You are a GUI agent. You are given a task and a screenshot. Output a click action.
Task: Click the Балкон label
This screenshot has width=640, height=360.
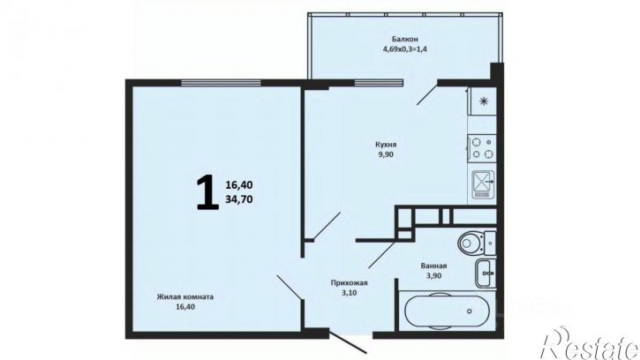pos(405,40)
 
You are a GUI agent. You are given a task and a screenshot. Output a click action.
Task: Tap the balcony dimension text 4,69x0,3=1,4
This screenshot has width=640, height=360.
pos(405,49)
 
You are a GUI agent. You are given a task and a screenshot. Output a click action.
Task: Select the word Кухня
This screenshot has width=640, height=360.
pos(386,145)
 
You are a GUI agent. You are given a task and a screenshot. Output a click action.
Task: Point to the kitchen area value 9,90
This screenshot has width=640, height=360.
pos(386,154)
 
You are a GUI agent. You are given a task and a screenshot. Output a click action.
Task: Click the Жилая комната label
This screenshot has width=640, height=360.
pos(184,296)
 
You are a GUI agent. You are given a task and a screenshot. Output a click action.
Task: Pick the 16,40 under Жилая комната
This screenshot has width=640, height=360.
pos(184,307)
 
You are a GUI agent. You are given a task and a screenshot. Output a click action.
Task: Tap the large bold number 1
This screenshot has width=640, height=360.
pos(207,191)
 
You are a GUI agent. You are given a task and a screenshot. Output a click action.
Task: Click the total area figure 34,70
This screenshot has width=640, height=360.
pos(238,199)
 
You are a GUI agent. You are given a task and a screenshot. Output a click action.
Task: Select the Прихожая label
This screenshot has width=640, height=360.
pos(350,282)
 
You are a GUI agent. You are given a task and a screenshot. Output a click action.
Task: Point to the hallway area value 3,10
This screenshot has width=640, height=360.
pos(350,293)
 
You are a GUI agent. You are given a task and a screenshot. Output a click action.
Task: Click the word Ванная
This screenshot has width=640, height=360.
pos(434,266)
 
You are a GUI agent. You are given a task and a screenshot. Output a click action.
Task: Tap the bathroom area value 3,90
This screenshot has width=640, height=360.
pos(434,276)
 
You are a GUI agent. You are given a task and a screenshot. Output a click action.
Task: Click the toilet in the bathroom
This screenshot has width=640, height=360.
pos(477,243)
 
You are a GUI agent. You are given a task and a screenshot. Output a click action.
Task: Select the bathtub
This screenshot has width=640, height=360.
pos(447,311)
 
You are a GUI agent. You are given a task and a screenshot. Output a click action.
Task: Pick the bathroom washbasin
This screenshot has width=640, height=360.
pos(486,273)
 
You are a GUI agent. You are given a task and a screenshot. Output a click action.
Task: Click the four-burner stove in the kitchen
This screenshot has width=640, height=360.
pos(482,147)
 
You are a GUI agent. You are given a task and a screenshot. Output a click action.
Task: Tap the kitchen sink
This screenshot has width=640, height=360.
pos(483,184)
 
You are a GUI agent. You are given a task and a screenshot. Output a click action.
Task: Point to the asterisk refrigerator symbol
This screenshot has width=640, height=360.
pos(484,101)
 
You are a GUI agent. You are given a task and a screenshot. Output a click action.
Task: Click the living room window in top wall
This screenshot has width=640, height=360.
pos(221,83)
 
